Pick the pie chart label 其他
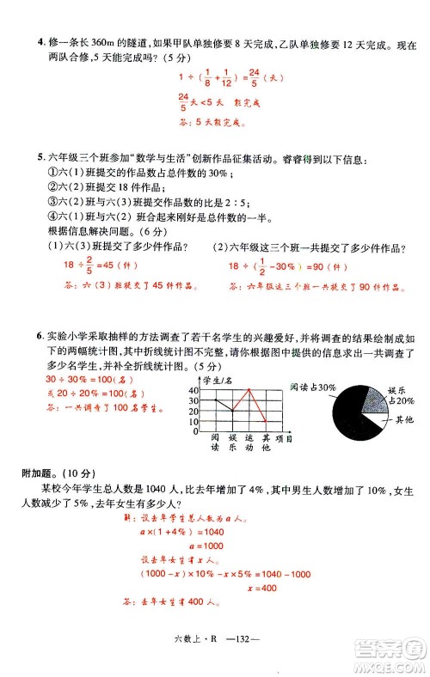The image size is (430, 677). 403,419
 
